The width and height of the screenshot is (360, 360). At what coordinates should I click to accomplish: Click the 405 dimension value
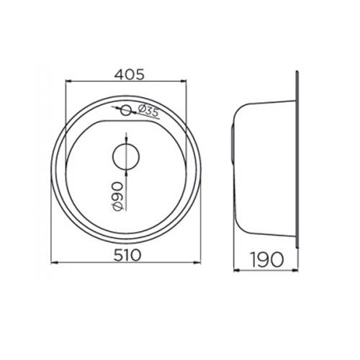(129, 74)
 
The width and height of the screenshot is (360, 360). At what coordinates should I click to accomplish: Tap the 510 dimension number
(127, 255)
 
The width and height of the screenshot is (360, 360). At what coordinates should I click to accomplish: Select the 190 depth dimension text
(267, 259)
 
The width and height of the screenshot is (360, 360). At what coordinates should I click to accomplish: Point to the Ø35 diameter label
(148, 112)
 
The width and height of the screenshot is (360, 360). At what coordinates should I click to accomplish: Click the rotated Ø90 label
(118, 197)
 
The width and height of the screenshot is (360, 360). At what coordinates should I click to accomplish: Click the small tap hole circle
(126, 111)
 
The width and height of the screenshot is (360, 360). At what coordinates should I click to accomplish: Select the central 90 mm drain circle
(126, 157)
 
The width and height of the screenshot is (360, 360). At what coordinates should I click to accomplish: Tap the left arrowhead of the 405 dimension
(68, 81)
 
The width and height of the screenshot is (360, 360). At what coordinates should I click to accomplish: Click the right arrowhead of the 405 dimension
(184, 81)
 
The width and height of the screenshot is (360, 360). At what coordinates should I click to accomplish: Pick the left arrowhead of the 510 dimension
(55, 263)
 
